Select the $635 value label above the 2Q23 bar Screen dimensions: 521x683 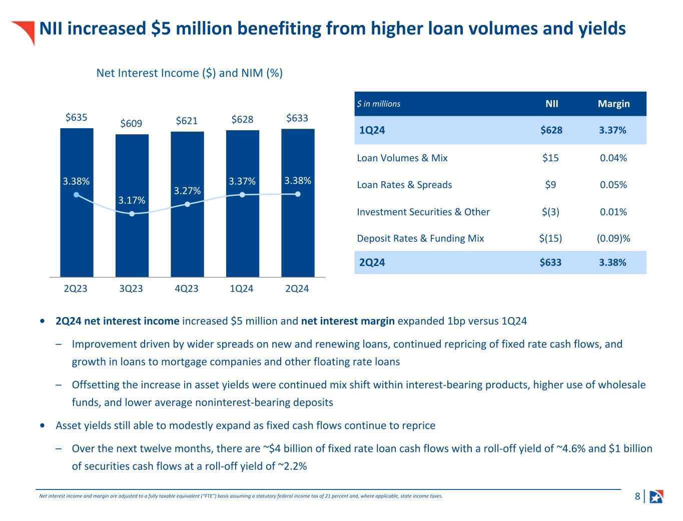click(x=77, y=117)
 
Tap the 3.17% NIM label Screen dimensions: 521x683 click(x=132, y=200)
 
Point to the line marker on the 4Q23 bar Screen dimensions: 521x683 click(x=187, y=204)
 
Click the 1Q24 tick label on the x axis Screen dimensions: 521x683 click(x=242, y=289)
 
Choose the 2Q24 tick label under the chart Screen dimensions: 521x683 click(x=297, y=289)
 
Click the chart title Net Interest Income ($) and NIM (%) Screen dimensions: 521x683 click(x=189, y=73)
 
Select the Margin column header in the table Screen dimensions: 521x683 click(x=613, y=104)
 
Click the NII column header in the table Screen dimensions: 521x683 click(x=551, y=104)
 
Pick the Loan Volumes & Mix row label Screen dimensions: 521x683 click(x=402, y=158)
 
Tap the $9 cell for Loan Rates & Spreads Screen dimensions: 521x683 click(x=550, y=185)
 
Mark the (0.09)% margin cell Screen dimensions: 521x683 click(x=613, y=238)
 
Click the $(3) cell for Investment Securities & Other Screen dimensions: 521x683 click(x=550, y=212)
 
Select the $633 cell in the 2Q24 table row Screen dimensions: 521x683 click(x=550, y=263)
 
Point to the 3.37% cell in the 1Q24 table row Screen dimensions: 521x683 click(x=612, y=130)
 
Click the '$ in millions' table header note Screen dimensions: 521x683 click(x=378, y=104)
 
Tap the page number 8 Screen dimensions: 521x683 click(x=637, y=496)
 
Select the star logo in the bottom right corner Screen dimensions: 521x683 click(x=656, y=496)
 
